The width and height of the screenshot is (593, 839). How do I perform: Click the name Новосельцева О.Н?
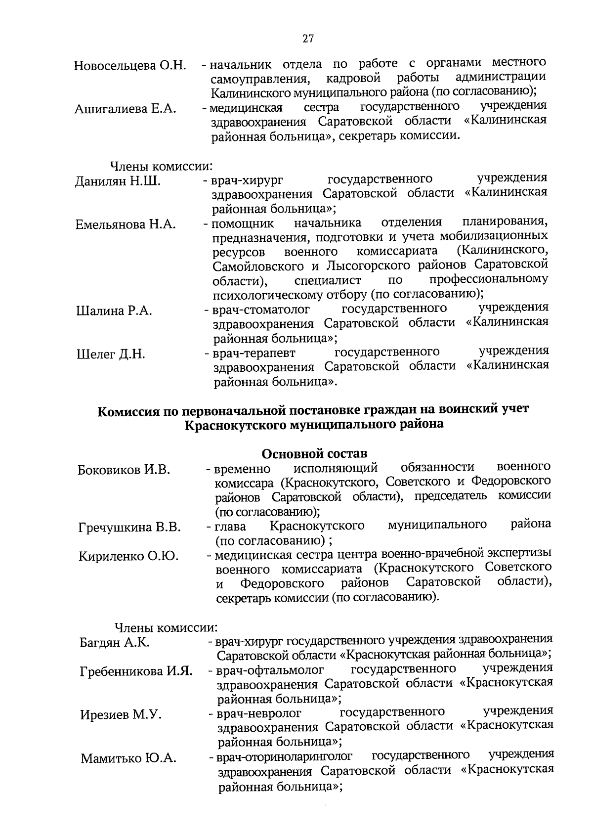pyautogui.click(x=130, y=66)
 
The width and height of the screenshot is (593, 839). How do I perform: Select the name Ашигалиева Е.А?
pyautogui.click(x=126, y=109)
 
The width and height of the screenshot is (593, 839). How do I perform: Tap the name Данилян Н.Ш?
pyautogui.click(x=118, y=181)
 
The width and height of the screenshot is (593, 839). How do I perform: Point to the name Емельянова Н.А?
pyautogui.click(x=126, y=224)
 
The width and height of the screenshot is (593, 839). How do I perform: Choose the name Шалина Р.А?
pyautogui.click(x=114, y=311)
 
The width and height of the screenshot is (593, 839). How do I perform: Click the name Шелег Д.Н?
pyautogui.click(x=111, y=354)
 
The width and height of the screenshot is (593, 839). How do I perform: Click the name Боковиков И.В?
pyautogui.click(x=124, y=470)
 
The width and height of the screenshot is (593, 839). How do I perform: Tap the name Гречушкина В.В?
pyautogui.click(x=129, y=528)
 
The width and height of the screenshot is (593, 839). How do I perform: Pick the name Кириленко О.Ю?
pyautogui.click(x=128, y=556)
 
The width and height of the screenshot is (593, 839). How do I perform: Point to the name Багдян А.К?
pyautogui.click(x=115, y=643)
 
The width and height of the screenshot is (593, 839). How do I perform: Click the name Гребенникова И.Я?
pyautogui.click(x=136, y=671)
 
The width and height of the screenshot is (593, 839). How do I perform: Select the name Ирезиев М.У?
pyautogui.click(x=121, y=715)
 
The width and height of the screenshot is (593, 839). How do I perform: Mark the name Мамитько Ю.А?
pyautogui.click(x=128, y=758)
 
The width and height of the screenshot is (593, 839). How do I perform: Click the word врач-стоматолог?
pyautogui.click(x=261, y=310)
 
